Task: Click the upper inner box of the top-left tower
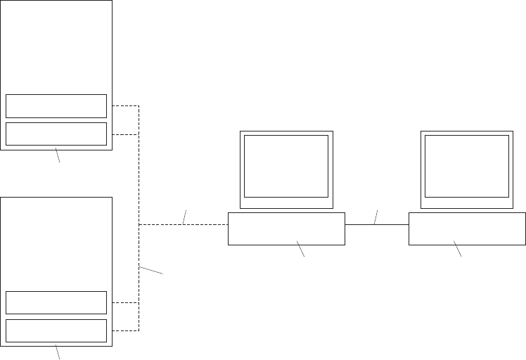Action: [56, 105]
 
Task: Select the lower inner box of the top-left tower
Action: [56, 134]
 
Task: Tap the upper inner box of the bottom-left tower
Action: [56, 302]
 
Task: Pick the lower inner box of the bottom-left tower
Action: [56, 330]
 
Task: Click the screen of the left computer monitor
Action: [286, 166]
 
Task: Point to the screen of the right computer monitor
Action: [467, 166]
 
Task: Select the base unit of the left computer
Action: [286, 229]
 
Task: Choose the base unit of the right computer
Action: [467, 229]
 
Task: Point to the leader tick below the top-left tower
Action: [58, 156]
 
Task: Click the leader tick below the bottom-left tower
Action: [58, 352]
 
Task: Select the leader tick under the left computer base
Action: [301, 248]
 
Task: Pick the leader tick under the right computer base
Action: [458, 248]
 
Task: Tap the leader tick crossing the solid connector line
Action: [376, 217]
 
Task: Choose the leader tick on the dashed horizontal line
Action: [185, 217]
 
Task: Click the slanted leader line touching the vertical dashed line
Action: [151, 270]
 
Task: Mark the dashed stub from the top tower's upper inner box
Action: [125, 106]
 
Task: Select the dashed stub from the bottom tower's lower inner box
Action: [125, 330]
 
